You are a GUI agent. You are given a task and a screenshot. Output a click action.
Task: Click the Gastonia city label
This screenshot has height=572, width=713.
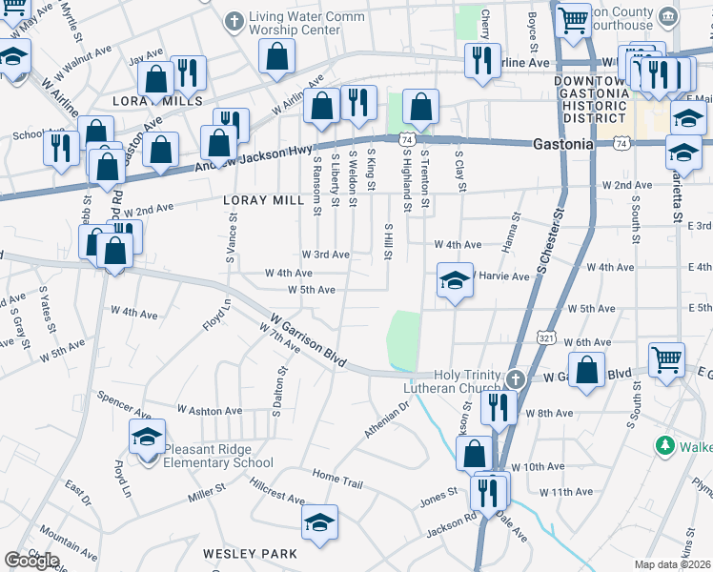(x=562, y=144)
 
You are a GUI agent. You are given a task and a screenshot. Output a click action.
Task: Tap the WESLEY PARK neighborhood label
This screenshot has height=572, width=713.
(x=250, y=553)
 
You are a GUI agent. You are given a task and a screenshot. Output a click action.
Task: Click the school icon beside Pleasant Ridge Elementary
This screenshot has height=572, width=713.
(x=147, y=439)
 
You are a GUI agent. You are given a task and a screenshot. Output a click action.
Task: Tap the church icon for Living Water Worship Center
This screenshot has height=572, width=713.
(x=234, y=20)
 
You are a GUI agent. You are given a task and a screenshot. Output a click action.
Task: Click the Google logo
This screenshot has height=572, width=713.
(x=31, y=560)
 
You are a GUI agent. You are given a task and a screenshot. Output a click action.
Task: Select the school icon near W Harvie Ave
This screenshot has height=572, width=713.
(x=455, y=281)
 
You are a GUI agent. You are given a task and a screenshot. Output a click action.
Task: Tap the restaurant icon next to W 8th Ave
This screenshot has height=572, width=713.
(x=499, y=407)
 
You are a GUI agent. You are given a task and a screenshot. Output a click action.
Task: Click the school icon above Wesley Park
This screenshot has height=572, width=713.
(x=319, y=522)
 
